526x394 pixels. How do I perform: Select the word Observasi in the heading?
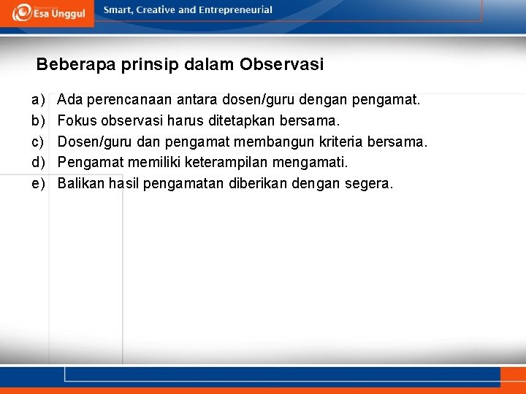click(x=281, y=65)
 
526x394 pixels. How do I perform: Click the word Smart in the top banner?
click(x=119, y=10)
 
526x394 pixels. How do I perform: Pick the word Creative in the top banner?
click(x=157, y=10)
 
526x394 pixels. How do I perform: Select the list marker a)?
click(x=37, y=98)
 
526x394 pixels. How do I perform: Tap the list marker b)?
click(x=37, y=120)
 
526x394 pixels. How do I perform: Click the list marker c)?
click(x=37, y=141)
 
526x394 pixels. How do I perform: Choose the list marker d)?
click(x=37, y=162)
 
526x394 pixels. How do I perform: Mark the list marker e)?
click(x=37, y=183)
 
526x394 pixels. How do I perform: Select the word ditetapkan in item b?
click(x=243, y=120)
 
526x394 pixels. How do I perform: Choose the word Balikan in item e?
click(x=81, y=183)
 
